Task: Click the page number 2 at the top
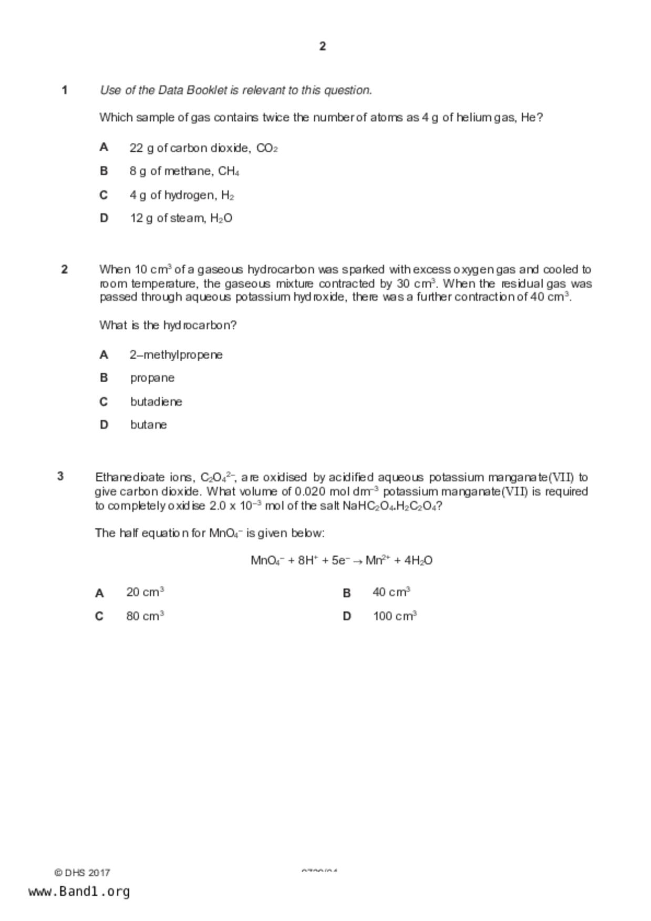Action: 323,46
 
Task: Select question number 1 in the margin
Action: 65,90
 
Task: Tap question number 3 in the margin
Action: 60,476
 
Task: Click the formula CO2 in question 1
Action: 267,149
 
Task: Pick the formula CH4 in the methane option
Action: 229,172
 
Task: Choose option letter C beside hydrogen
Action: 104,195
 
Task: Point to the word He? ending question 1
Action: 532,118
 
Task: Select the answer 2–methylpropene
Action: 176,355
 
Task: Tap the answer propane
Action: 152,378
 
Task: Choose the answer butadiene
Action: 156,402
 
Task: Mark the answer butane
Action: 149,425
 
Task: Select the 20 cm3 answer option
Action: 145,592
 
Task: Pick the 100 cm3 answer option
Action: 395,616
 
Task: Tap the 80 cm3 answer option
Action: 145,616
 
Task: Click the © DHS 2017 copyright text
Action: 82,873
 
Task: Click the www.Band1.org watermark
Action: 79,892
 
